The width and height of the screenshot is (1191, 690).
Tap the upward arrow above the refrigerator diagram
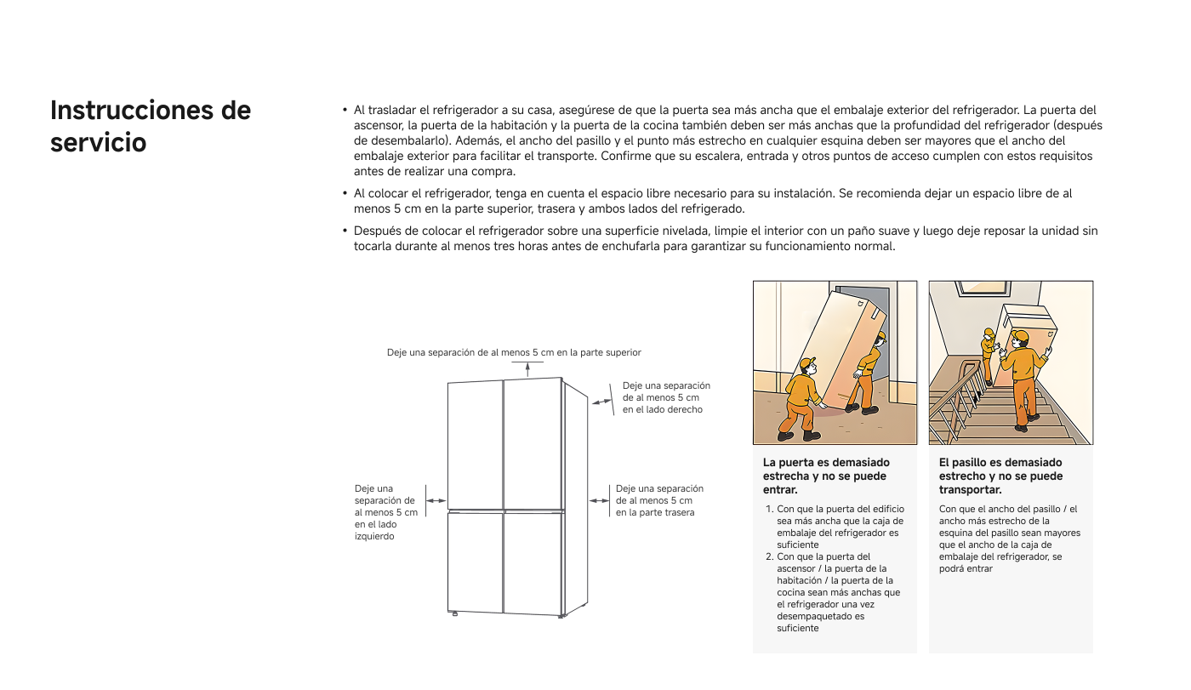pos(527,368)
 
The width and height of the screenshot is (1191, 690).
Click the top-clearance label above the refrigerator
pos(514,352)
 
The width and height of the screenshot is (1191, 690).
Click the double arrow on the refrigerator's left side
pos(436,502)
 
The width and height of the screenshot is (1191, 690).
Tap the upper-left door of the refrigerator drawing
pos(476,442)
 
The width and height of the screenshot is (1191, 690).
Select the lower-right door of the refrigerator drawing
pos(533,562)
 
